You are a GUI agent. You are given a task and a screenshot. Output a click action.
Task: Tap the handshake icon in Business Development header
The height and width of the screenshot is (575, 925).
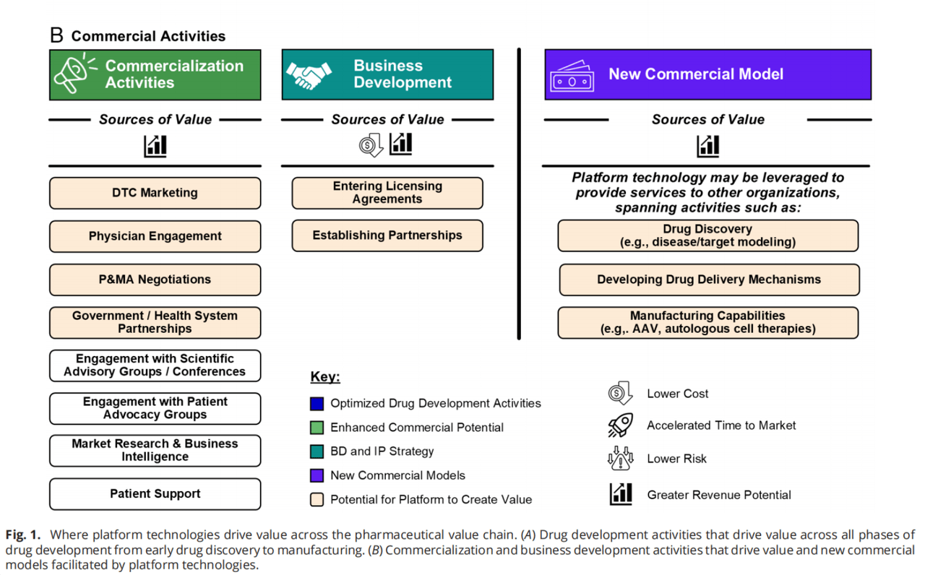(309, 75)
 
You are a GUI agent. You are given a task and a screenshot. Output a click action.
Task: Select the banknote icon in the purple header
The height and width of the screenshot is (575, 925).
(572, 77)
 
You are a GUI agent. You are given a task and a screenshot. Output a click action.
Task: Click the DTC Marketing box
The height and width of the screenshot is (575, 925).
(155, 193)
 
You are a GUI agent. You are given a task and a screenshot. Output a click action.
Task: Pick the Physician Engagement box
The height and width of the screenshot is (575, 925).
(155, 236)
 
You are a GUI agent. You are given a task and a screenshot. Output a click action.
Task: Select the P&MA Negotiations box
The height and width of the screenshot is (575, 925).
(155, 280)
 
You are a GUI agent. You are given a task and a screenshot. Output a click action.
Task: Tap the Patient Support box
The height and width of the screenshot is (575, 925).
(155, 493)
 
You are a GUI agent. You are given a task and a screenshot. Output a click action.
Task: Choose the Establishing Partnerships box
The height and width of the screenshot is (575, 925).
(387, 235)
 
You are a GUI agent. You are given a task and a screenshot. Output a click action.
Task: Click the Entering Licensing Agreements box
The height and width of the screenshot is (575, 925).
(387, 193)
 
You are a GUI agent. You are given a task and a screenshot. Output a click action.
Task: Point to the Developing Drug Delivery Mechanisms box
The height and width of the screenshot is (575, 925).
(709, 280)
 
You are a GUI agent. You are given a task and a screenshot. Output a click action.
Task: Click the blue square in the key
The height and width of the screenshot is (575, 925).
(317, 403)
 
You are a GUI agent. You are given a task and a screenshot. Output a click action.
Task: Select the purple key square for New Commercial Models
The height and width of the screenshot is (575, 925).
(317, 475)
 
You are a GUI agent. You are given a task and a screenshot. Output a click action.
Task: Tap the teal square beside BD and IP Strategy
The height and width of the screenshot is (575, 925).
(317, 451)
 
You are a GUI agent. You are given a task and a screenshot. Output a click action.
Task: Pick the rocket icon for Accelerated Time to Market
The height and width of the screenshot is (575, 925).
(620, 425)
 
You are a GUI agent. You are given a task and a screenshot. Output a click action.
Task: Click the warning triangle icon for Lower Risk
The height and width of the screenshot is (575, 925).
(620, 458)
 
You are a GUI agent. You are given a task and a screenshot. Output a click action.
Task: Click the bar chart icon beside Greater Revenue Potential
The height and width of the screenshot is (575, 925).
(621, 494)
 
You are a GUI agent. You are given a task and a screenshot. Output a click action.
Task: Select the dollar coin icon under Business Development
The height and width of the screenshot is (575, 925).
(371, 145)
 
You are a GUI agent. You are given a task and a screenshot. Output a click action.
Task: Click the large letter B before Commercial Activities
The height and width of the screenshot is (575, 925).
(56, 35)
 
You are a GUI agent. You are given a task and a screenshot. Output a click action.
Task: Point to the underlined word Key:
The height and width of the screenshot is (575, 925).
(325, 376)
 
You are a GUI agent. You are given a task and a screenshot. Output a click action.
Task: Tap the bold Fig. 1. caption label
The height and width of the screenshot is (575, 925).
(23, 535)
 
